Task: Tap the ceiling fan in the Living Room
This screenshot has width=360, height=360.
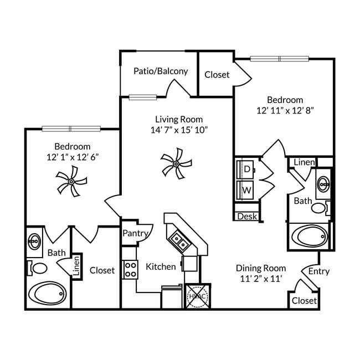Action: [176, 163]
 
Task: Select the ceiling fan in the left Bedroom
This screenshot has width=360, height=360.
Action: [71, 182]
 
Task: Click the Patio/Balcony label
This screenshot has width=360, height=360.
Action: [161, 71]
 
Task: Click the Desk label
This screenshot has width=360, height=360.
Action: [247, 216]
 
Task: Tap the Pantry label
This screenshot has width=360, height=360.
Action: [135, 233]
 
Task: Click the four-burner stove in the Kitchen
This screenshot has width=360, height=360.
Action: [130, 270]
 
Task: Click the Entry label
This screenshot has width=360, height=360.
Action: [318, 271]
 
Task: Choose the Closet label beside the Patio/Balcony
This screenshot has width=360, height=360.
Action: [217, 74]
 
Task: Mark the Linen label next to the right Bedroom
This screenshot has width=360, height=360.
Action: [304, 162]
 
